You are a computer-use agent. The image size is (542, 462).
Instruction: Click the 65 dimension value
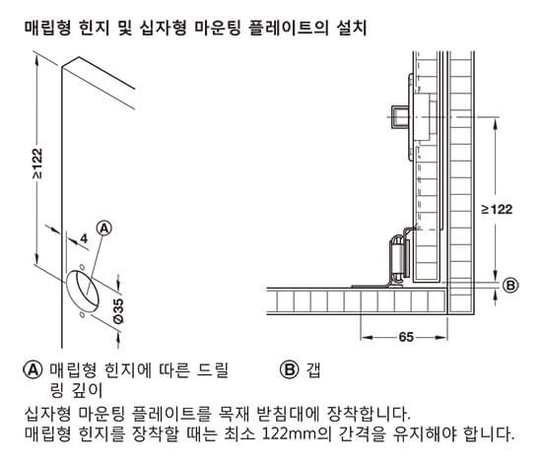coord(406,337)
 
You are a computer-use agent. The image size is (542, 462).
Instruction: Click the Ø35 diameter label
coord(118,310)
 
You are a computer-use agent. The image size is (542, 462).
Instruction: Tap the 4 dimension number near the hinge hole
coord(84,238)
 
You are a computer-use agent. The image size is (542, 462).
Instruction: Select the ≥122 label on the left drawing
coord(37,164)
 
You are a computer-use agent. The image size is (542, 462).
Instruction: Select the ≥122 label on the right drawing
coord(497,210)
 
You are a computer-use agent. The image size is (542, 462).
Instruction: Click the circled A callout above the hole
coord(104,229)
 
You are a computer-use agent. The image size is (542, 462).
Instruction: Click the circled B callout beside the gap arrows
coord(510,286)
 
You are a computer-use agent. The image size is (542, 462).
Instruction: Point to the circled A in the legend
coord(34,370)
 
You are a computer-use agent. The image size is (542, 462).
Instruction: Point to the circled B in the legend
coord(289,370)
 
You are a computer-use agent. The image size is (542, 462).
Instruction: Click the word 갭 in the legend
coord(313,370)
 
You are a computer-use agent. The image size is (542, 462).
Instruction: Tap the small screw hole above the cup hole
coord(82,267)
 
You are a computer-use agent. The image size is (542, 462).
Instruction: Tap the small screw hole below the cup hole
coord(81,314)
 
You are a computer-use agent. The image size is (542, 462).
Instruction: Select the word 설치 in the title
coord(351,28)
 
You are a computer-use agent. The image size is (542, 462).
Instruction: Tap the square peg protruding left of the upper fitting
coord(399,117)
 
